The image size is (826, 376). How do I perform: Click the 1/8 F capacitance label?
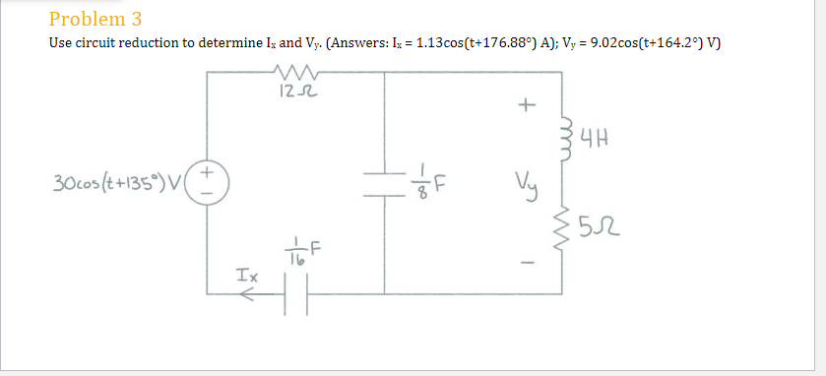pyautogui.click(x=428, y=184)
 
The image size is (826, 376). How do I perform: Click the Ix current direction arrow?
pyautogui.click(x=253, y=293)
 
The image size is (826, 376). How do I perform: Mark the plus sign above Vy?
pyautogui.click(x=528, y=103)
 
